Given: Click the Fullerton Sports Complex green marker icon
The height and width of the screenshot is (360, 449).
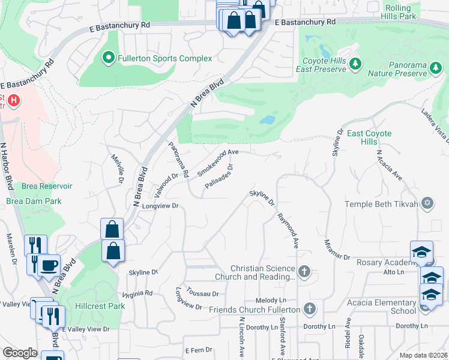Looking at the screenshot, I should (x=109, y=58).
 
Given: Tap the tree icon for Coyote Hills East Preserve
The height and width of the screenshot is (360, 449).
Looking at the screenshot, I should (x=355, y=64).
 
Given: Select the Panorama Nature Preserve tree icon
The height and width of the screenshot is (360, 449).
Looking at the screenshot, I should (x=436, y=73).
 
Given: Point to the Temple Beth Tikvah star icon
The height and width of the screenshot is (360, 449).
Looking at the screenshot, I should (x=427, y=203).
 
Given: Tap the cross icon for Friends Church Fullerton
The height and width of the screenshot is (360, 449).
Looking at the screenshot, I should (x=309, y=309).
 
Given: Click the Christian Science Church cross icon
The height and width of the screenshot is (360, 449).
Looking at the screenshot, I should (x=304, y=272).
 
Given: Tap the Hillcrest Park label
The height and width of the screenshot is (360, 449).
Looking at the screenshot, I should (x=100, y=305).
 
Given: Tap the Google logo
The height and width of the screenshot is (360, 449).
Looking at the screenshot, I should (x=20, y=353).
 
